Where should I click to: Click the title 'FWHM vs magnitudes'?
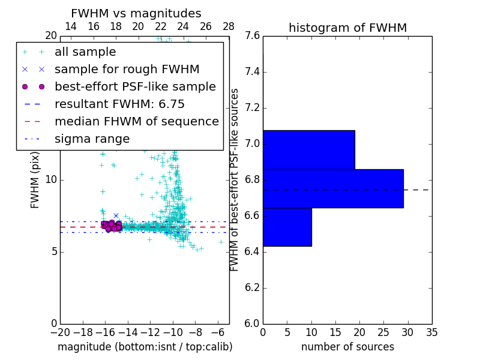pos(136,14)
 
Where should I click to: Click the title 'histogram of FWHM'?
pos(347,28)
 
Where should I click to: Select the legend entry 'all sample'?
pos(85,52)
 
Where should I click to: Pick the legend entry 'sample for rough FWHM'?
pos(127,70)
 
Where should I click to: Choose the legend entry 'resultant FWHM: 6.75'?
pos(119,104)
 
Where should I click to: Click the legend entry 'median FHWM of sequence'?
pos(136,122)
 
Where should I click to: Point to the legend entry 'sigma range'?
pos(92,139)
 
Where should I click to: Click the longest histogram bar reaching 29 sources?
pos(333,188)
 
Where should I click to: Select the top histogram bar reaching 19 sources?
pos(308,149)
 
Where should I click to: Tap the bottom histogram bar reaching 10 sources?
pos(287,227)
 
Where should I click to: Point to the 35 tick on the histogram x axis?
pos(431,332)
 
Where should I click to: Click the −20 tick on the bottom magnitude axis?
pos(60,332)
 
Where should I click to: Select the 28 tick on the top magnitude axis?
pos(229,26)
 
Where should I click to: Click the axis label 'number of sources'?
pos(347,347)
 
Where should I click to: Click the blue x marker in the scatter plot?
pos(116,215)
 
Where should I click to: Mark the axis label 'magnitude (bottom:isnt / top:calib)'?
pos(145,347)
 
